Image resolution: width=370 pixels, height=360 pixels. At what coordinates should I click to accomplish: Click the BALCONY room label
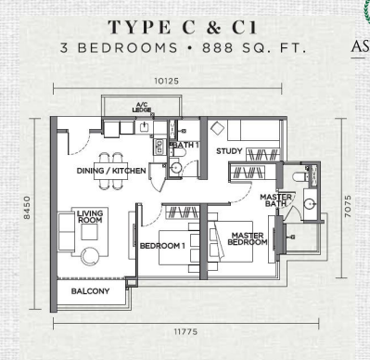pyautogui.click(x=90, y=291)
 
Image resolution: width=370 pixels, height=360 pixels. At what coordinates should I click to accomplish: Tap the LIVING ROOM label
pyautogui.click(x=90, y=216)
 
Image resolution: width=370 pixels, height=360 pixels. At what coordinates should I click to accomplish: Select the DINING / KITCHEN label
pyautogui.click(x=111, y=171)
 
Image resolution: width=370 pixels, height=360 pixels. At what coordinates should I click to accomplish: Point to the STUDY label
pyautogui.click(x=229, y=151)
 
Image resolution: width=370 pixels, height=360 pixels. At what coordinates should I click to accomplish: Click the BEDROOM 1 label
pyautogui.click(x=162, y=246)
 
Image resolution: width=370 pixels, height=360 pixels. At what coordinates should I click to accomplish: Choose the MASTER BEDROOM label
pyautogui.click(x=248, y=239)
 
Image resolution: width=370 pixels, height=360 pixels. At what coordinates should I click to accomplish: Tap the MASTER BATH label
pyautogui.click(x=275, y=200)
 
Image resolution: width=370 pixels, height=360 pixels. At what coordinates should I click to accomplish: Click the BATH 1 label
pyautogui.click(x=185, y=145)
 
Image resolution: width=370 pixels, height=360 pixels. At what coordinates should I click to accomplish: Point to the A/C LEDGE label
pyautogui.click(x=142, y=108)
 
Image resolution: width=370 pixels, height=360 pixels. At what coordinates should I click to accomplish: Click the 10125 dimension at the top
pyautogui.click(x=167, y=81)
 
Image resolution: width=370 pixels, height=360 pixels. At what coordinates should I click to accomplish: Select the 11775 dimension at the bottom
pyautogui.click(x=185, y=332)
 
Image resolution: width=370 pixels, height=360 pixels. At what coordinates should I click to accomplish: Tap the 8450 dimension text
pyautogui.click(x=27, y=207)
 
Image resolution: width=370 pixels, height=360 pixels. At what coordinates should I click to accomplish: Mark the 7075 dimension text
pyautogui.click(x=348, y=206)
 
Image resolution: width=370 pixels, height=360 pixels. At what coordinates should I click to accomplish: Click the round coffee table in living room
pyautogui.click(x=90, y=256)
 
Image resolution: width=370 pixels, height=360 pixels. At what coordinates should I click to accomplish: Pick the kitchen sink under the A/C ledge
pyautogui.click(x=145, y=127)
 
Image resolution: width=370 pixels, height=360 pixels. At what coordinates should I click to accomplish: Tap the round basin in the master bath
pyautogui.click(x=309, y=204)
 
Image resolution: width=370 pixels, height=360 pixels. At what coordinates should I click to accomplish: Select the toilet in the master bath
pyautogui.click(x=300, y=176)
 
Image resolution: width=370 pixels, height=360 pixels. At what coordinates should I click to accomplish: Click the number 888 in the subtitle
pyautogui.click(x=218, y=48)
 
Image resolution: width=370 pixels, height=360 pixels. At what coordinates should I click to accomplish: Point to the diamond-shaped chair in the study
pyautogui.click(x=218, y=128)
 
